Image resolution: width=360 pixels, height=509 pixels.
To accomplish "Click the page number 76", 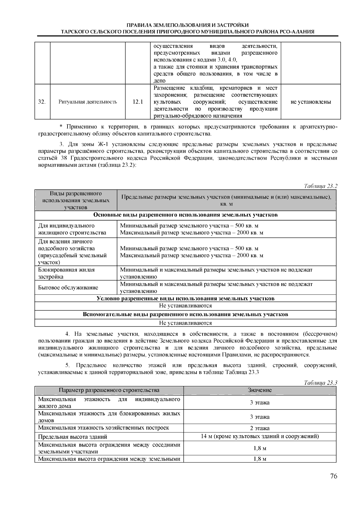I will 334,476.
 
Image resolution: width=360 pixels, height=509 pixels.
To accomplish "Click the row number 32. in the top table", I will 42,102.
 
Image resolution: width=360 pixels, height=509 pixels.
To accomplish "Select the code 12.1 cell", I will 138,102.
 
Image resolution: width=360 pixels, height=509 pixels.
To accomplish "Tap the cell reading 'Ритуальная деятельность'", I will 88,102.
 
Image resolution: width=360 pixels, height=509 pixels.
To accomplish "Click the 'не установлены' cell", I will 310,102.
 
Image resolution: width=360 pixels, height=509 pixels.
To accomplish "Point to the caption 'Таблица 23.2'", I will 321,186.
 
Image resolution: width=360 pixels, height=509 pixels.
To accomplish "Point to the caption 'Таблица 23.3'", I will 321,383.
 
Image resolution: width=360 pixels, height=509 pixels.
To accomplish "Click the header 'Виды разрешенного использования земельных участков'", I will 76,200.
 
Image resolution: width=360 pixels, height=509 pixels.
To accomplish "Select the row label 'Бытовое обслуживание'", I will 68,288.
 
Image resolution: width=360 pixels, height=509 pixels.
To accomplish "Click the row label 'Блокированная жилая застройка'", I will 67,273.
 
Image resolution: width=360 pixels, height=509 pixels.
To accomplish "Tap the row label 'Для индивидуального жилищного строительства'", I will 72,229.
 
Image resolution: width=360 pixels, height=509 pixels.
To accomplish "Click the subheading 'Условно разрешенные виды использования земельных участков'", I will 185,298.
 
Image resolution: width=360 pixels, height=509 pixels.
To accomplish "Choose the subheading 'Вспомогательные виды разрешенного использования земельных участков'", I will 185,314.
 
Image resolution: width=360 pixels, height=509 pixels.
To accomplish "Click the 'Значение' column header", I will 259,390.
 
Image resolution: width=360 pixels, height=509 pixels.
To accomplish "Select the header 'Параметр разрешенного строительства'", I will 109,390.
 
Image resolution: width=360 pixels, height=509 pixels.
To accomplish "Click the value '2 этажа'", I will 259,428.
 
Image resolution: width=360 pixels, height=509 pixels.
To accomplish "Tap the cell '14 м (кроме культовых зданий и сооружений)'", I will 259,436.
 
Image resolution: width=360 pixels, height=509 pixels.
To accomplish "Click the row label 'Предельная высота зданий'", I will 73,437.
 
